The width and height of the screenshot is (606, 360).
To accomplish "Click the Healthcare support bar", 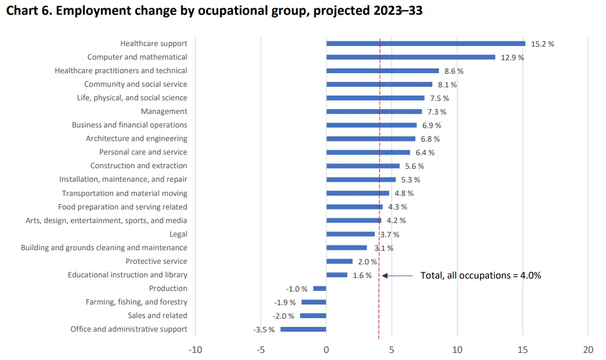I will pos(425,43).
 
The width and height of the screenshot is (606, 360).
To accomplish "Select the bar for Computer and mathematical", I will pos(410,57).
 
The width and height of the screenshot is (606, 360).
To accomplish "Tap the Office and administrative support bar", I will pos(303,329).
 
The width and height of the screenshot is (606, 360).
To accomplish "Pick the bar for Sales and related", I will pos(313,316).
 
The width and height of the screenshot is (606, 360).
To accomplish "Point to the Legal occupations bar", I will pos(350,234).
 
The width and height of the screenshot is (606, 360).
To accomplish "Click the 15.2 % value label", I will pos(542,44).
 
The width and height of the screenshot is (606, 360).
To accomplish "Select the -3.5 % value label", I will pos(263,329).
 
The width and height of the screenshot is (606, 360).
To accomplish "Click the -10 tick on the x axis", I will pos(195,349).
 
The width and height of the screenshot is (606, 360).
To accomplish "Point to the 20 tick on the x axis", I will pos(588,349).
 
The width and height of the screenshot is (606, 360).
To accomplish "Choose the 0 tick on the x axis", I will pos(326,349).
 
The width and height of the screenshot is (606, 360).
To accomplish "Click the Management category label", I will pos(164,112).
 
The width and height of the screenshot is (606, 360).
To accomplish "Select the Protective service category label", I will pos(156,261).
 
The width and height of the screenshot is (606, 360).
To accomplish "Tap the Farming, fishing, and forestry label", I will pos(136,302).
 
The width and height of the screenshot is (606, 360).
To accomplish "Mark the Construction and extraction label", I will pos(138,166).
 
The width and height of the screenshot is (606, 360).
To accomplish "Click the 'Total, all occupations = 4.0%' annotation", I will pos(480,275).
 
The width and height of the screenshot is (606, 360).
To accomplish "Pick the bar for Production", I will pos(320,289).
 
